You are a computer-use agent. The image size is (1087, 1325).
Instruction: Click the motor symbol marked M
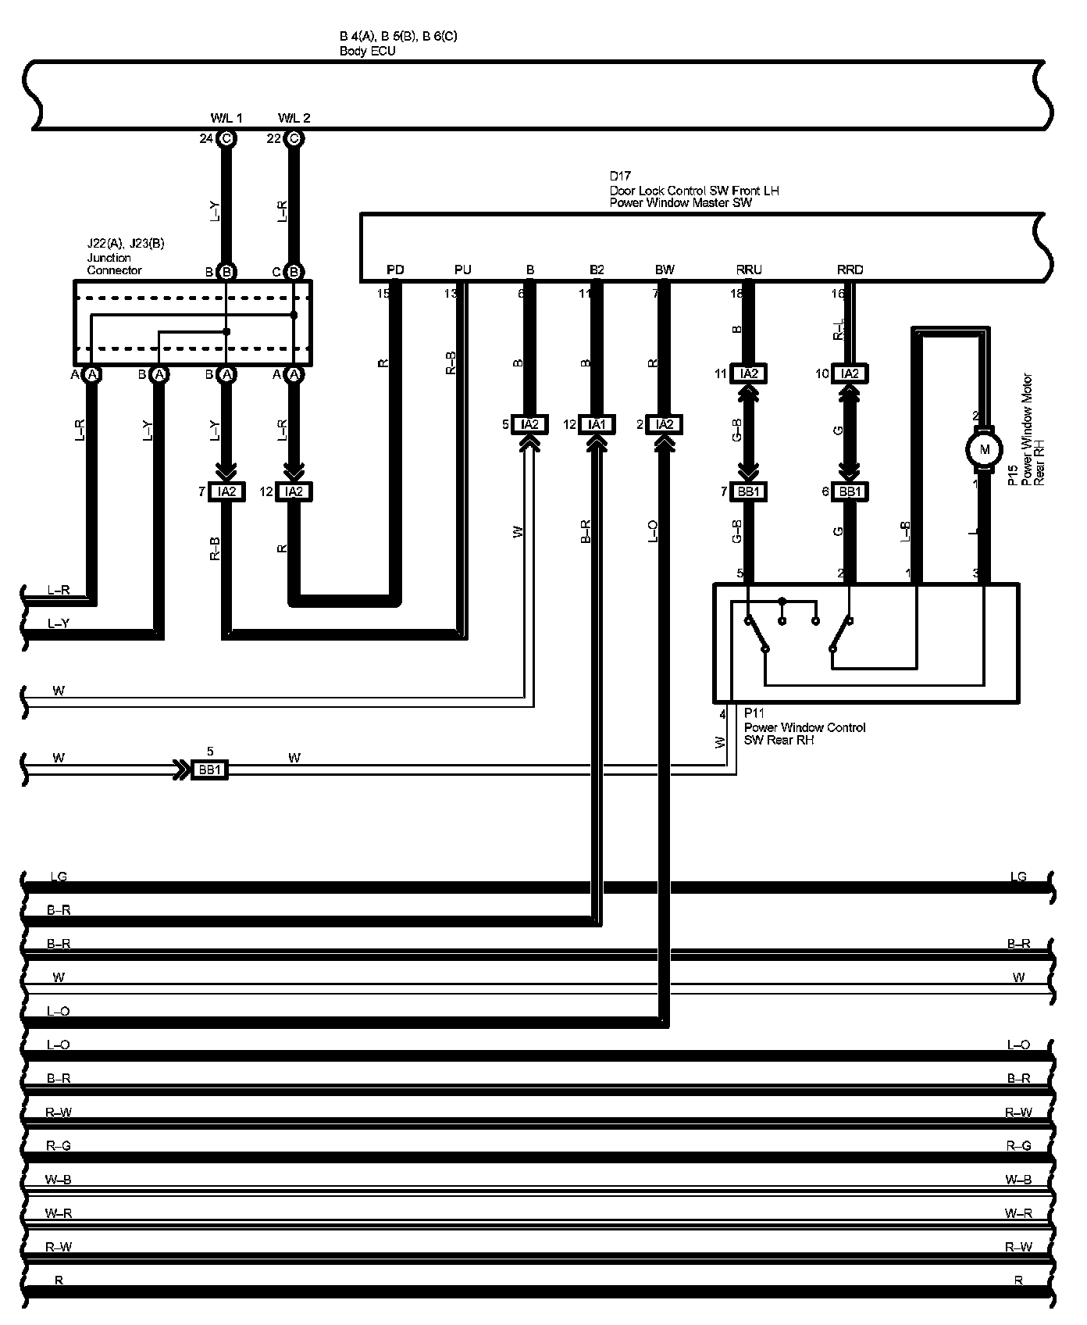click(x=984, y=449)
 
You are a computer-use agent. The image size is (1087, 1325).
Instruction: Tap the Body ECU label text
click(x=367, y=52)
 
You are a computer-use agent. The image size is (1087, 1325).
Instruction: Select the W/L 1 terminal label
click(x=226, y=118)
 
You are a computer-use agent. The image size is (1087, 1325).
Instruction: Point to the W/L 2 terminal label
click(x=294, y=118)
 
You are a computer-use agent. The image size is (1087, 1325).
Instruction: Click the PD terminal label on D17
click(x=395, y=270)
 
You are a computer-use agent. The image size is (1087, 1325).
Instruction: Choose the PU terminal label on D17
click(x=463, y=270)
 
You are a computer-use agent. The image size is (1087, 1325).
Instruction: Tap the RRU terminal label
click(x=749, y=270)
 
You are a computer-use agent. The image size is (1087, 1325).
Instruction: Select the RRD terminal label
click(x=850, y=270)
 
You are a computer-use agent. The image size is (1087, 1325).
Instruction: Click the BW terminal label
click(x=665, y=270)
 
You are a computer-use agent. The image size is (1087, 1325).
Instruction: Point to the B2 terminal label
click(x=597, y=270)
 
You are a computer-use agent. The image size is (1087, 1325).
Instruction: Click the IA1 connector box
click(x=597, y=424)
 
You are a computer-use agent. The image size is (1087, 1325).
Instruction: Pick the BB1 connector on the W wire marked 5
click(x=210, y=770)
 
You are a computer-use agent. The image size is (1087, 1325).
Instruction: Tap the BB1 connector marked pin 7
click(x=749, y=491)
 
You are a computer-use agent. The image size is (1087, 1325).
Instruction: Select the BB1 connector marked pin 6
click(x=850, y=491)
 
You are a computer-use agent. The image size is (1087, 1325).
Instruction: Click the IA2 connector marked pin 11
click(x=749, y=373)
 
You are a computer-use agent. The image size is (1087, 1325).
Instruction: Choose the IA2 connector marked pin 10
click(x=850, y=373)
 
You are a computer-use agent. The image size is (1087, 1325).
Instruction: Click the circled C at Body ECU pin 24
click(x=226, y=139)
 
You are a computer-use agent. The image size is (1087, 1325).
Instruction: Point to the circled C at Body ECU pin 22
click(x=294, y=139)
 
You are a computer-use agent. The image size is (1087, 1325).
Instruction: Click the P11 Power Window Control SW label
click(x=804, y=727)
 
